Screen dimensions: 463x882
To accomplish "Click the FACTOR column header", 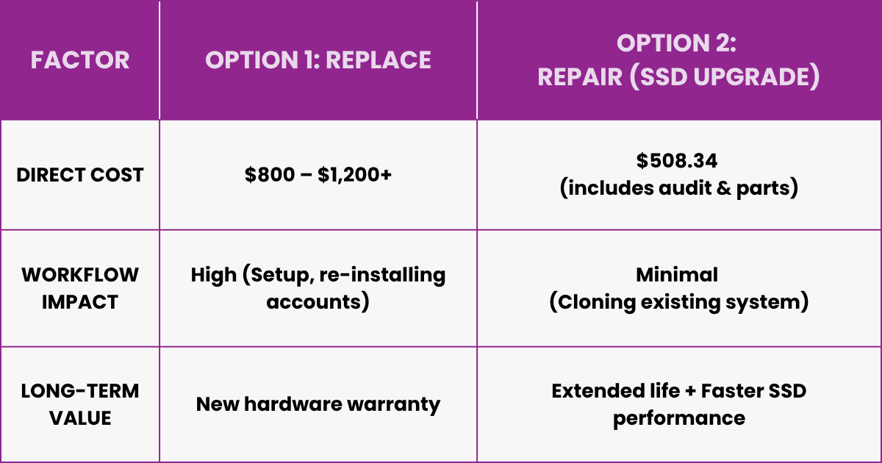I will click(80, 60).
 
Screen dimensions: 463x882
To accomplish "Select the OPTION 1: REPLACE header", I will click(318, 60).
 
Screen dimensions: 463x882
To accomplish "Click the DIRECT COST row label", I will click(80, 175).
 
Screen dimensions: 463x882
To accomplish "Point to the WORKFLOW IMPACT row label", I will click(80, 288).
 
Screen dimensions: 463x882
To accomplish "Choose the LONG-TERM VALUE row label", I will click(80, 403).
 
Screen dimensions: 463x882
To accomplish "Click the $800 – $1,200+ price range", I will click(318, 175).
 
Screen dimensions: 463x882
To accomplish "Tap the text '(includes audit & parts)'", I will click(679, 188).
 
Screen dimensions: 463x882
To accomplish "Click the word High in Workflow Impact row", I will click(214, 276).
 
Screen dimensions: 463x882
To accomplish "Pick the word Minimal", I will click(679, 275).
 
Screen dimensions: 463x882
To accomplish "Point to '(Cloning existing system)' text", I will click(679, 302).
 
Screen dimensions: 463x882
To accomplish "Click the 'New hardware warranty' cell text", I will click(318, 403).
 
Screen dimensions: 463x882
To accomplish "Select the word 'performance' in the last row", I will click(679, 417).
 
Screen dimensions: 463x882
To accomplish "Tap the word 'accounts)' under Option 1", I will click(318, 302).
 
